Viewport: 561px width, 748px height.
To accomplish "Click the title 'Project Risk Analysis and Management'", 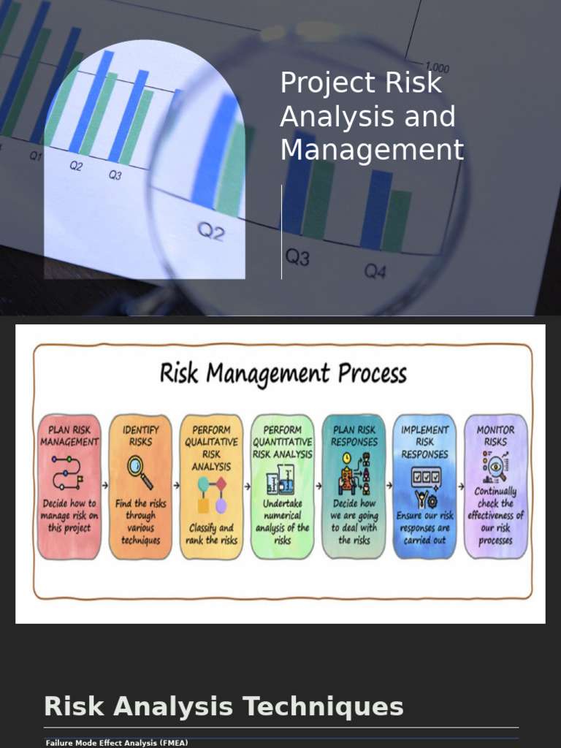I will click(372, 117).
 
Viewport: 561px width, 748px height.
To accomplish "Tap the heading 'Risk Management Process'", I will click(283, 374).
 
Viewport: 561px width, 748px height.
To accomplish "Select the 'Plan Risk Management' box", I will click(69, 486).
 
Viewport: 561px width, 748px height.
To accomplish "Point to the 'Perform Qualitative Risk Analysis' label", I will click(211, 448).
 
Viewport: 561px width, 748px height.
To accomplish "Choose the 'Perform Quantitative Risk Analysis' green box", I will click(282, 486).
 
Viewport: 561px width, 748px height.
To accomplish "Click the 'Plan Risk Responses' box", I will click(354, 486).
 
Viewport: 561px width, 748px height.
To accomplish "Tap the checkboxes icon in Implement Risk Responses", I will click(425, 477).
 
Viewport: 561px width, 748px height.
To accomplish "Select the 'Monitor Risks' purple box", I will click(496, 486).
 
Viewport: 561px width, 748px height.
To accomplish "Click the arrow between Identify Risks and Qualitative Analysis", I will click(176, 485).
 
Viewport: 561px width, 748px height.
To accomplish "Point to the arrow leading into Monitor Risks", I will click(461, 485).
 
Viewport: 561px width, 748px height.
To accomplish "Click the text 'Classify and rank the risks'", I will click(211, 534).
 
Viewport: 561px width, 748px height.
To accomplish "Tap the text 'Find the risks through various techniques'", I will click(140, 522).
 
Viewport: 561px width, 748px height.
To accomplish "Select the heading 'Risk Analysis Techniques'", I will click(224, 707).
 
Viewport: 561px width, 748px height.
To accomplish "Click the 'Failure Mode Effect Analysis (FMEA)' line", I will click(117, 743).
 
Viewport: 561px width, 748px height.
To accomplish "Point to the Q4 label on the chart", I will click(375, 272).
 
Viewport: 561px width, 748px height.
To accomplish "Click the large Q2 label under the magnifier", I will click(211, 232).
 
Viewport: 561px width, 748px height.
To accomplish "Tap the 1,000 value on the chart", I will click(438, 68).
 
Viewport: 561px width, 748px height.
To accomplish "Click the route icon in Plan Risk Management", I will click(68, 472).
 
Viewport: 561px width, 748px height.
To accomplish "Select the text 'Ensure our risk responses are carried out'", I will click(425, 527).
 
